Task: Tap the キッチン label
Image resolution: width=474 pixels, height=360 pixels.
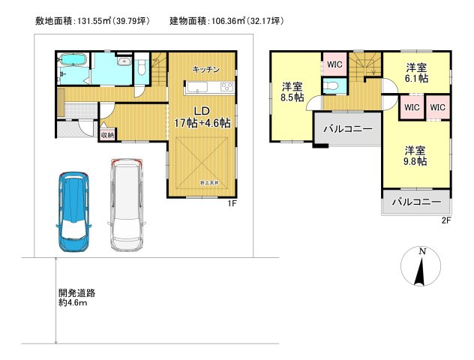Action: point(205,69)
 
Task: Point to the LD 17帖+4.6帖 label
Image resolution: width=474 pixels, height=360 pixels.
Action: point(202,117)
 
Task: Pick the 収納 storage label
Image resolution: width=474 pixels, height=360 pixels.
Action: point(107,135)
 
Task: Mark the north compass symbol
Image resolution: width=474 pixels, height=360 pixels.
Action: point(421,266)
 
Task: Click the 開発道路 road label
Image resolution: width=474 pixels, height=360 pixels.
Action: point(77,293)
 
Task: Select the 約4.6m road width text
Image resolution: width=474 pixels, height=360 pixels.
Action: point(73,304)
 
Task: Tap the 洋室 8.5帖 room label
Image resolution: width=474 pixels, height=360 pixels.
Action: point(290,91)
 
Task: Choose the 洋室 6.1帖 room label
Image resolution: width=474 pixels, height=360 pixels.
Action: point(416,71)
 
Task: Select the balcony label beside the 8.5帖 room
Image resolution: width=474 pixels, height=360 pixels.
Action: point(347,129)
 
